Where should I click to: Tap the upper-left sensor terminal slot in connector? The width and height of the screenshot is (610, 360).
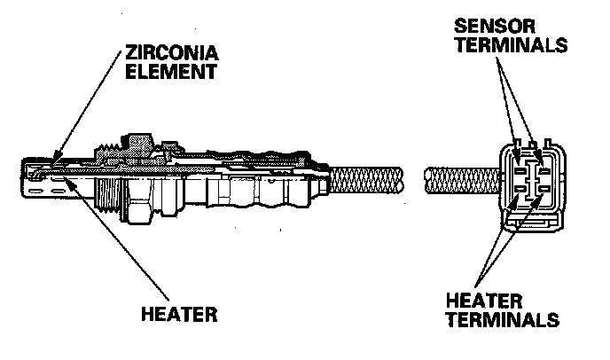pyautogui.click(x=520, y=163)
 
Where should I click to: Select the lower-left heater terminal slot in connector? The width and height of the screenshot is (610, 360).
pyautogui.click(x=520, y=188)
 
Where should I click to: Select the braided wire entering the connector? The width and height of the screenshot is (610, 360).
pyautogui.click(x=461, y=182)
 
